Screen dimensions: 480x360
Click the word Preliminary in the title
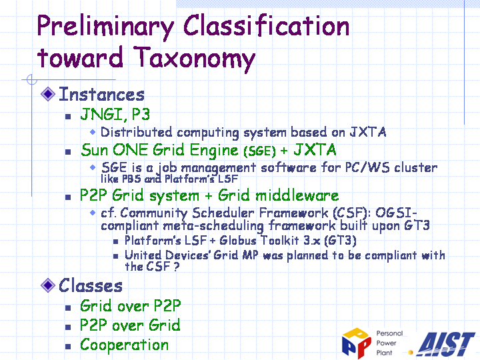tap(105, 27)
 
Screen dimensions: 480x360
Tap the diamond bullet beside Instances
tap(48, 94)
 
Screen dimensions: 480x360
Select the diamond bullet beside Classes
tap(48, 285)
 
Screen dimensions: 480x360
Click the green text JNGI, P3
tap(115, 114)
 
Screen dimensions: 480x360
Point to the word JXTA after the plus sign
tap(315, 150)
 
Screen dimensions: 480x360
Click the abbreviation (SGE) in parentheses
tap(259, 151)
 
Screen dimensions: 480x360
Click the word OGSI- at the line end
tap(397, 212)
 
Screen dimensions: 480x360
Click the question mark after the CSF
tap(176, 266)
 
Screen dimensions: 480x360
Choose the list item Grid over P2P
tap(131, 305)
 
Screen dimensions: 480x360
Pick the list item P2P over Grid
tap(130, 325)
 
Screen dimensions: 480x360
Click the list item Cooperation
tap(124, 345)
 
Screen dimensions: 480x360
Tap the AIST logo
tap(445, 345)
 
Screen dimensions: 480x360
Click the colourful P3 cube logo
tap(357, 343)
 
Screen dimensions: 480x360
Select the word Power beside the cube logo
tap(386, 343)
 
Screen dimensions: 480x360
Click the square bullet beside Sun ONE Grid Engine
tap(68, 152)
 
